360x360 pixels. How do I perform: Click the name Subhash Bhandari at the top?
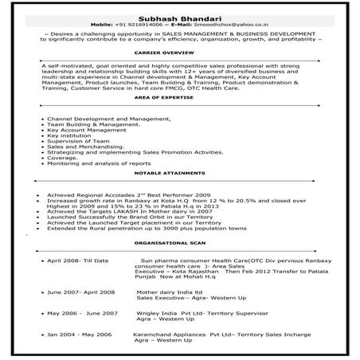179,14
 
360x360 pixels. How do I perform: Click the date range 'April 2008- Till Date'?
77,260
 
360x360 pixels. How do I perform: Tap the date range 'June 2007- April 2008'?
80,292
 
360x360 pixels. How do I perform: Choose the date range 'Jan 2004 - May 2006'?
79,335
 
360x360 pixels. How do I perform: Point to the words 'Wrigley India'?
156,313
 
